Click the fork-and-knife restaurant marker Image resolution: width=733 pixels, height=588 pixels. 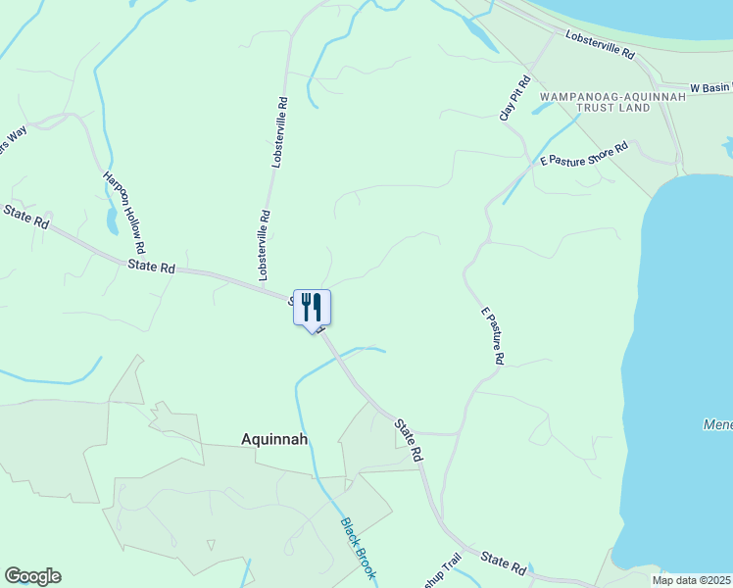click(312, 308)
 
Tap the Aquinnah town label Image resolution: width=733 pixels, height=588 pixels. click(274, 440)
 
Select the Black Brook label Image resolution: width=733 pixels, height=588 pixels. click(358, 546)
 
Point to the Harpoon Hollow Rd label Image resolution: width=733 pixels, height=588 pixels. click(124, 212)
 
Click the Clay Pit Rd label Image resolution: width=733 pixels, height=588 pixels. click(514, 98)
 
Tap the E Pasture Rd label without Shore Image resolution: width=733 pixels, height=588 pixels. click(491, 336)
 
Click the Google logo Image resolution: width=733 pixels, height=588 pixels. click(32, 576)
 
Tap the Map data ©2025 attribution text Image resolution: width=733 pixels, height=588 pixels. click(692, 580)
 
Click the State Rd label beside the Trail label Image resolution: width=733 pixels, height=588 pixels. click(504, 563)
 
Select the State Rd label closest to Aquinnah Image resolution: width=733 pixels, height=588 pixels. click(410, 440)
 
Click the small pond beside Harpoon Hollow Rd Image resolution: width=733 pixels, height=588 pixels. click(113, 222)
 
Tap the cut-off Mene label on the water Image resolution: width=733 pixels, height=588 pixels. click(717, 424)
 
